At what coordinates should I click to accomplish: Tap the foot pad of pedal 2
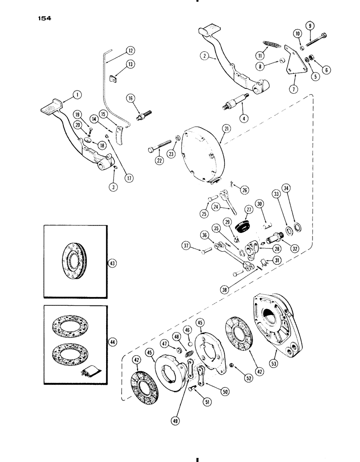209,31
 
